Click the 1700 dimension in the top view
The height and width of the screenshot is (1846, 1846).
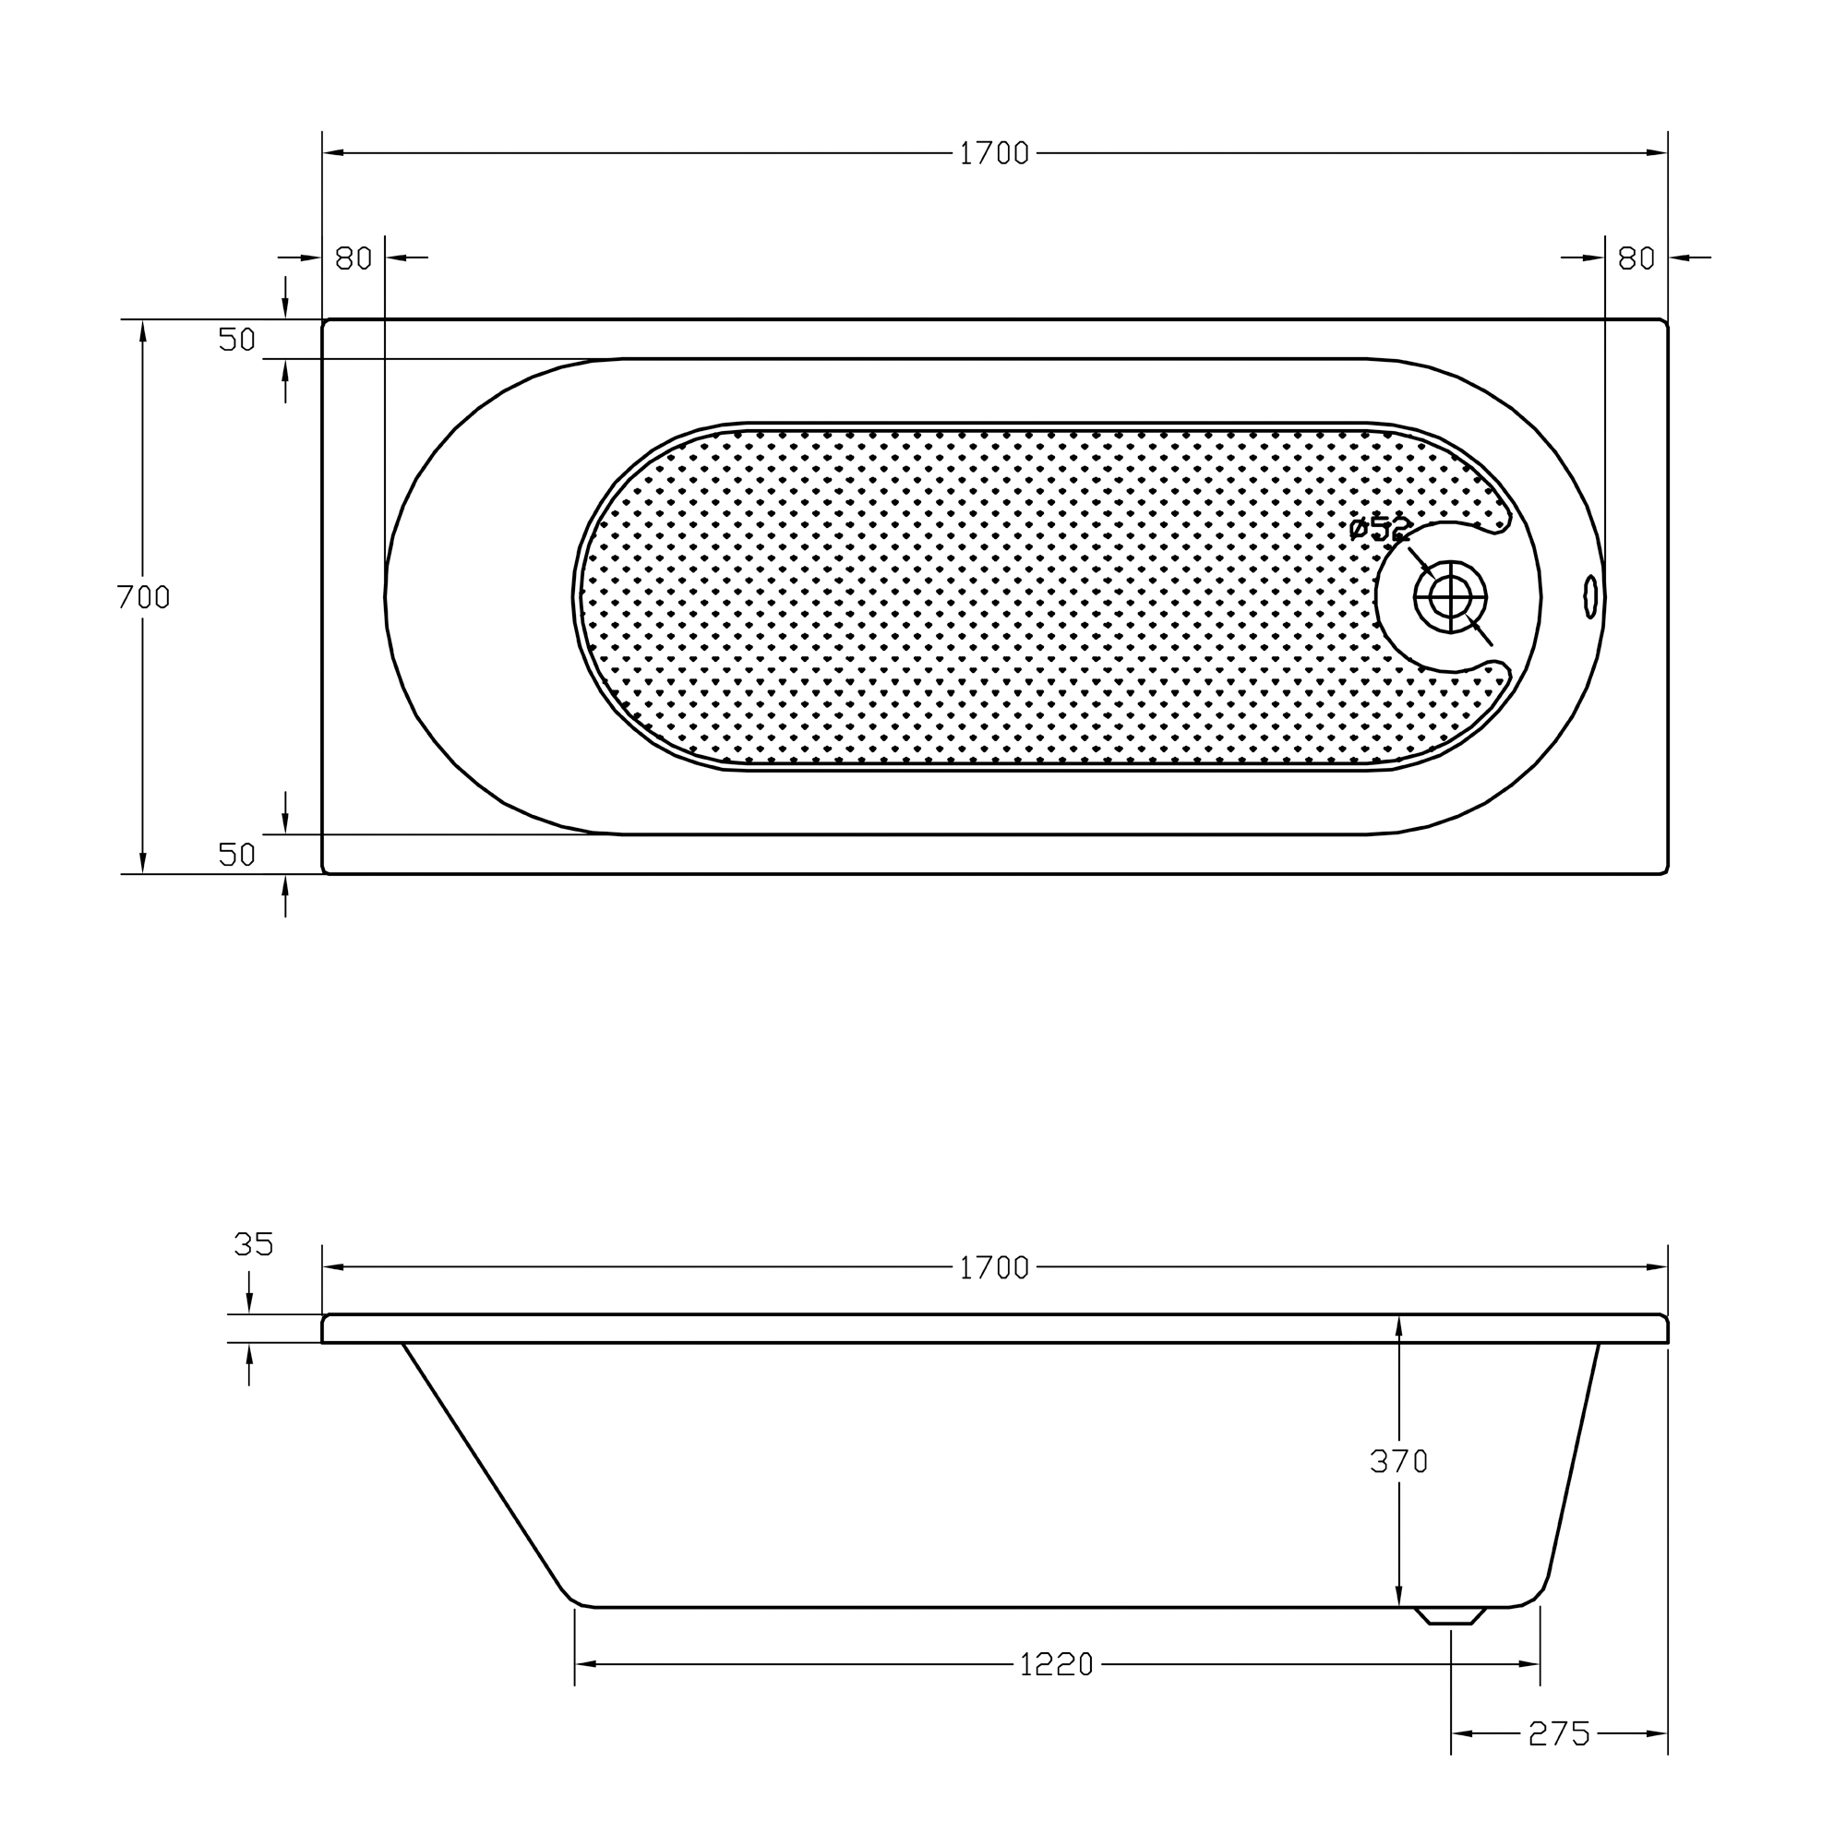point(994,154)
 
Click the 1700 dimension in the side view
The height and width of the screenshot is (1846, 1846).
point(994,1268)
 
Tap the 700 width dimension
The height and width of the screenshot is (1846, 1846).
point(143,597)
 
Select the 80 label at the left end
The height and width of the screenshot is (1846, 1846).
point(354,258)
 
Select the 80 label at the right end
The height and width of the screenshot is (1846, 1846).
point(1636,258)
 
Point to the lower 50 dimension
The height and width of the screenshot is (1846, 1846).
point(237,854)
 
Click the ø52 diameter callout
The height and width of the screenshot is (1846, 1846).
point(1379,528)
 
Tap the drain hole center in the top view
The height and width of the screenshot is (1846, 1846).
point(1450,597)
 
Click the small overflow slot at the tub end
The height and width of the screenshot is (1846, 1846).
point(1590,596)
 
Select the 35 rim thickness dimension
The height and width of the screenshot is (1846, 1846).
point(253,1244)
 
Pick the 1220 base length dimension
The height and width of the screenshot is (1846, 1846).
point(1056,1664)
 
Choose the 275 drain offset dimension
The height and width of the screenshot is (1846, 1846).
point(1558,1733)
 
